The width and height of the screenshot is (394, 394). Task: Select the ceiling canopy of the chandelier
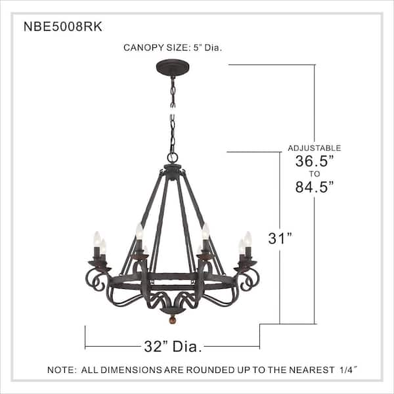point(172,68)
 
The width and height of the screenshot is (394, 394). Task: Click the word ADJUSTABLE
point(314,148)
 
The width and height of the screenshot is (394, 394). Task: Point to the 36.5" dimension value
point(313,161)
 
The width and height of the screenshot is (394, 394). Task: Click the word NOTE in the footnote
point(61,370)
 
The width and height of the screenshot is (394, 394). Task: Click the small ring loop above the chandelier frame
point(173,158)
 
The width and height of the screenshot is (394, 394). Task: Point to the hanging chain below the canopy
point(173,112)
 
